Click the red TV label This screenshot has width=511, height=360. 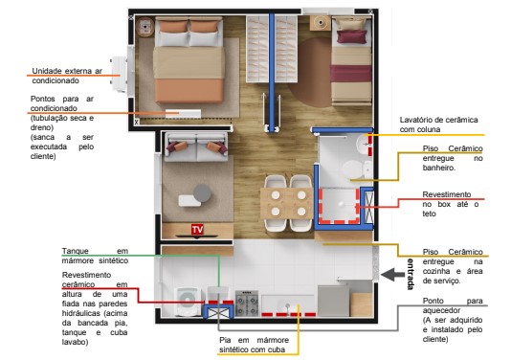(197, 230)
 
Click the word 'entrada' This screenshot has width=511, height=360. (411, 274)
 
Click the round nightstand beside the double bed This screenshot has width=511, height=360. (145, 25)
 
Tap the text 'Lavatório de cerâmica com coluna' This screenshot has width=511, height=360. (438, 124)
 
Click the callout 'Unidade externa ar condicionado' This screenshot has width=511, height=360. (67, 76)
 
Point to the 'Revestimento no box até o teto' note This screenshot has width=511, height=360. (450, 197)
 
